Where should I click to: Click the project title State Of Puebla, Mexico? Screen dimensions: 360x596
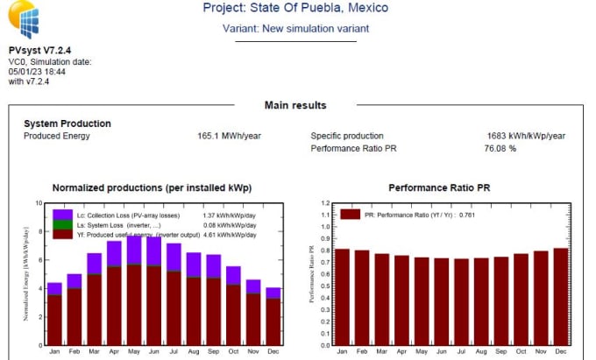click(295, 8)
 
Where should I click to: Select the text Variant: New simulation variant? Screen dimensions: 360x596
click(294, 28)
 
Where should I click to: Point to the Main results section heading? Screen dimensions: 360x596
click(295, 105)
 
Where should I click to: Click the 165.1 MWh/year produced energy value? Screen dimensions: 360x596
click(230, 137)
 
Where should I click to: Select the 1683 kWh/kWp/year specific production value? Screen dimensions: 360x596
click(526, 137)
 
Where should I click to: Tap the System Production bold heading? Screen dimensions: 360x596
click(67, 124)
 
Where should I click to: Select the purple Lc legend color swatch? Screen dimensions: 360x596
click(62, 215)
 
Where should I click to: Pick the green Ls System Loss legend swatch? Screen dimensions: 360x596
click(62, 224)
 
